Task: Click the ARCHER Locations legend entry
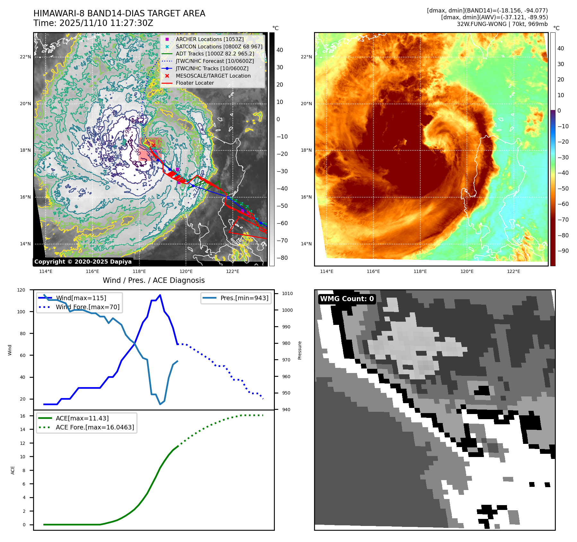click(x=209, y=39)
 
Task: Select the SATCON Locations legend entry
click(x=219, y=47)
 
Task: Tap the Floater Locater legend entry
click(x=195, y=83)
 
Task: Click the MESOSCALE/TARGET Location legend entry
click(x=213, y=76)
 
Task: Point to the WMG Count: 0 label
click(x=347, y=299)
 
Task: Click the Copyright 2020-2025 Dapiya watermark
click(x=83, y=262)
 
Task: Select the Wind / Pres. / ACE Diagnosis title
click(x=153, y=280)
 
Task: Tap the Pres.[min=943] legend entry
click(x=244, y=298)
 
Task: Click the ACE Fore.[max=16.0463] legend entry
click(x=95, y=427)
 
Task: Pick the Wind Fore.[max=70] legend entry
click(x=87, y=307)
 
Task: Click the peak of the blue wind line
click(x=160, y=295)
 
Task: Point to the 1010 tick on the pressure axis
click(x=287, y=293)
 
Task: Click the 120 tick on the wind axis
click(x=21, y=290)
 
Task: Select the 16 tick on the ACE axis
click(x=22, y=416)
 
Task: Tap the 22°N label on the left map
click(x=25, y=57)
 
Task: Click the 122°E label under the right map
click(x=513, y=271)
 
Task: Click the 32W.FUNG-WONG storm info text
click(x=502, y=24)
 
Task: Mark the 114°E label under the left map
click(x=46, y=271)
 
